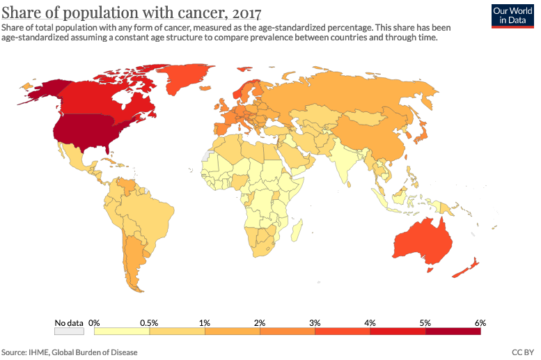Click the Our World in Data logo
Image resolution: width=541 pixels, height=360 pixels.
tap(512, 16)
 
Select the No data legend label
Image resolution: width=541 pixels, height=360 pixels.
tap(69, 322)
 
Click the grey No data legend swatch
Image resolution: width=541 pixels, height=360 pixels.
tap(69, 332)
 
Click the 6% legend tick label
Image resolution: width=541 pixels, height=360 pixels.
tap(480, 322)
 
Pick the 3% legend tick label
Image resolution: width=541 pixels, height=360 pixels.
tap(315, 322)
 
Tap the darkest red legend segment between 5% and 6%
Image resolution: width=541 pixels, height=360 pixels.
tap(453, 332)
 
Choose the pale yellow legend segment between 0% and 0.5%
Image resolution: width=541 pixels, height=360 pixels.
tap(122, 332)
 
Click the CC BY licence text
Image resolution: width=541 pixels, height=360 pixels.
tap(522, 352)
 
